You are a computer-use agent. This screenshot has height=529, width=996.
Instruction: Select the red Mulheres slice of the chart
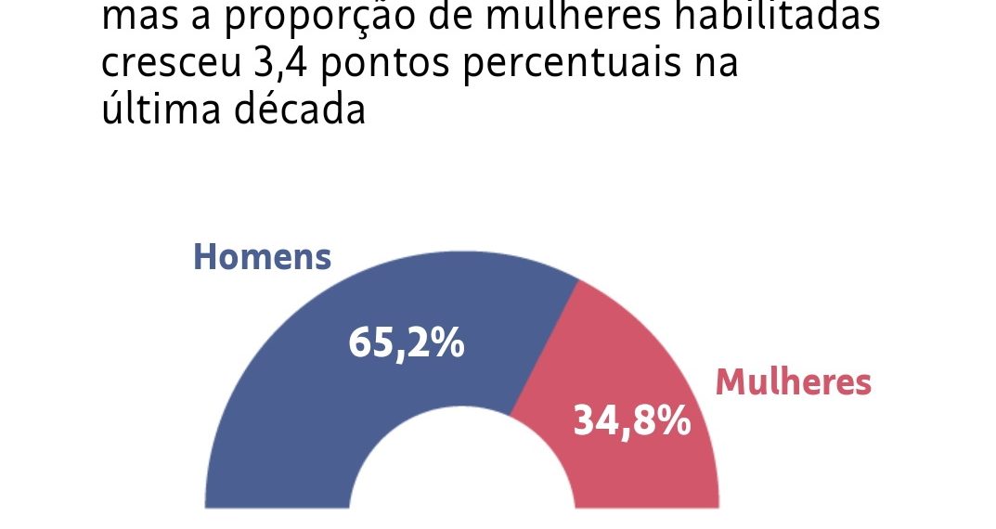(640, 371)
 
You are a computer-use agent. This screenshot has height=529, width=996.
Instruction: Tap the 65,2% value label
(407, 343)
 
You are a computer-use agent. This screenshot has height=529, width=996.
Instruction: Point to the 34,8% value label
(631, 420)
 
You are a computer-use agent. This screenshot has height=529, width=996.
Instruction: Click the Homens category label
(262, 257)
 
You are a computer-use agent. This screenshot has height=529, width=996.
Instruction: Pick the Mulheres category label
(793, 381)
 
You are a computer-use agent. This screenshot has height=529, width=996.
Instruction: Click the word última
(154, 110)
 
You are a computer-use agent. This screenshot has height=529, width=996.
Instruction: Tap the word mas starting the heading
(134, 20)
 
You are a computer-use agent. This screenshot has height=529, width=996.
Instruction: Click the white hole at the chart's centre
(461, 473)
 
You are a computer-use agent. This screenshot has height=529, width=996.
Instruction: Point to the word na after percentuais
(716, 65)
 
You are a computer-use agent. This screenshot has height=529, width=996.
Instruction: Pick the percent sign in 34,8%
(675, 420)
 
